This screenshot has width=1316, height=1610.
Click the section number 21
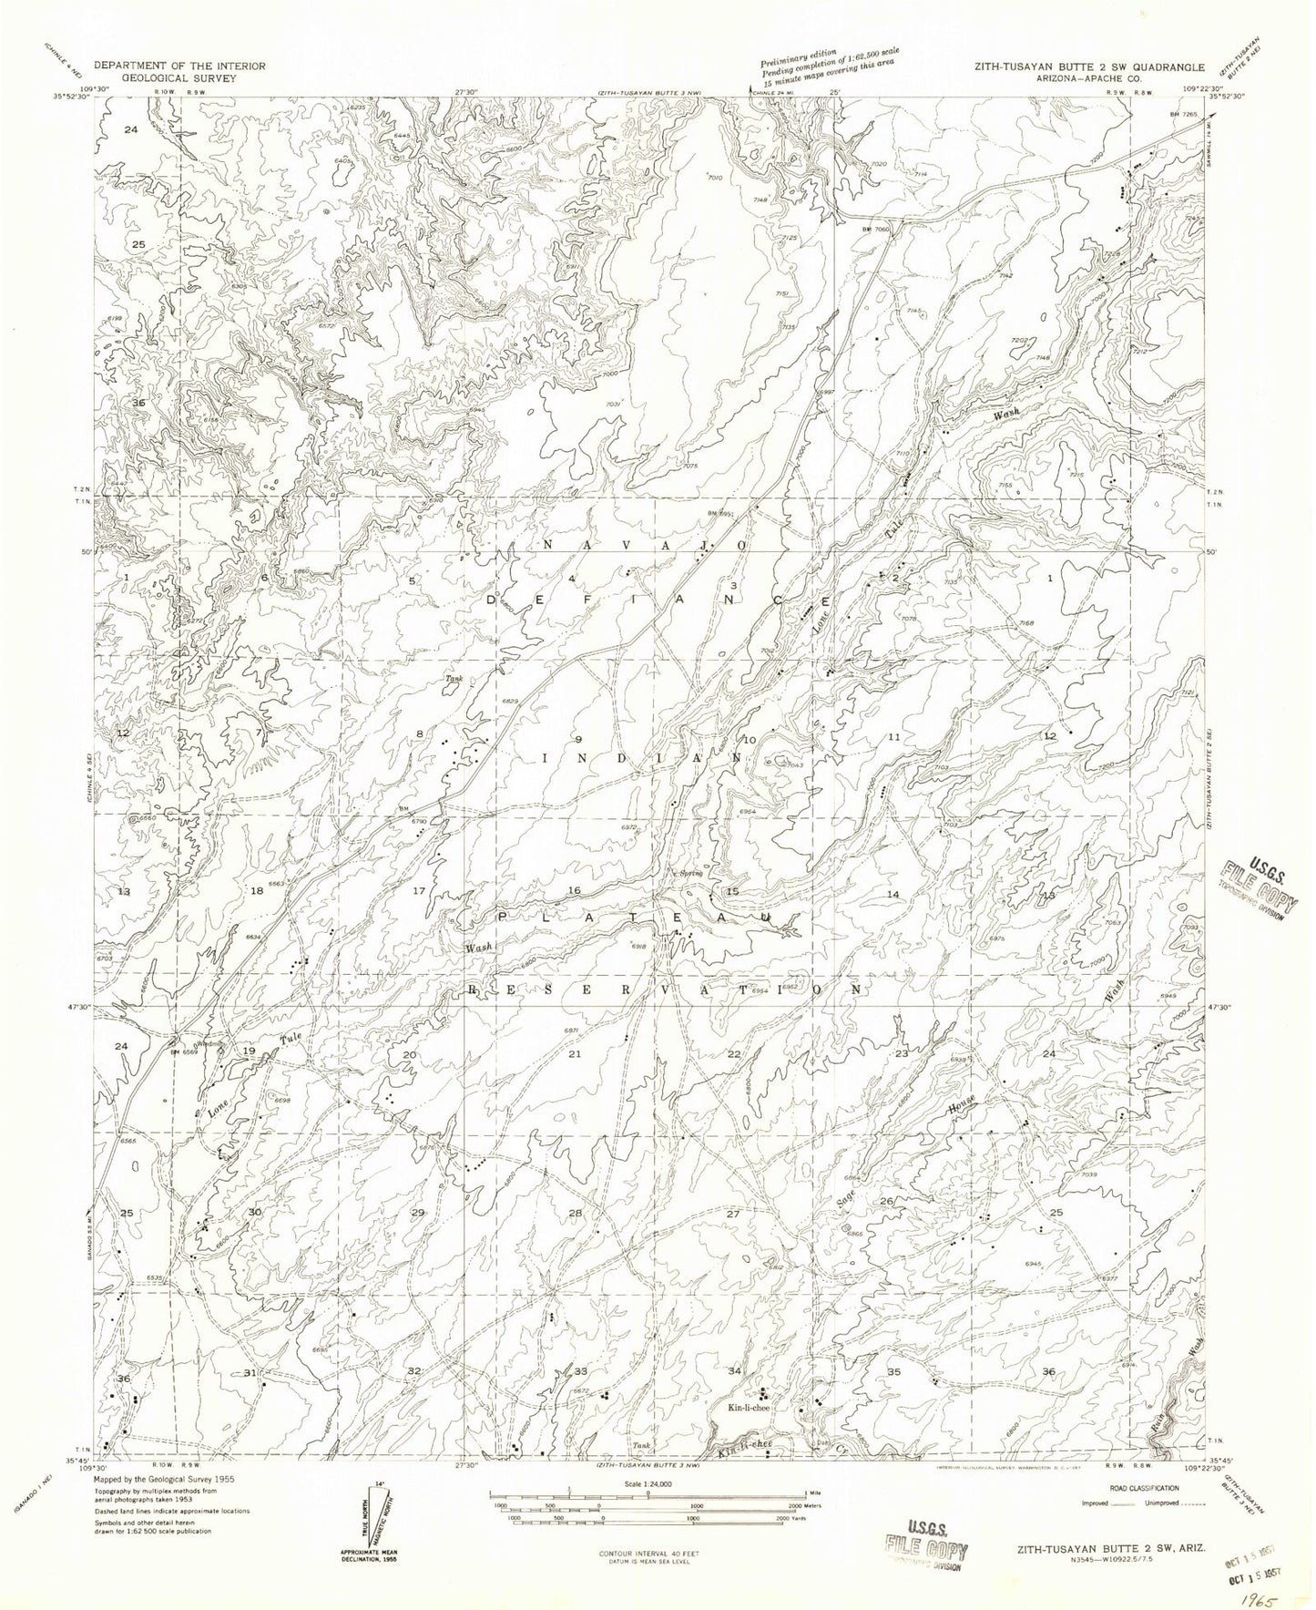tap(574, 1054)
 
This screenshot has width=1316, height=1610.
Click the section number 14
tap(893, 895)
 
